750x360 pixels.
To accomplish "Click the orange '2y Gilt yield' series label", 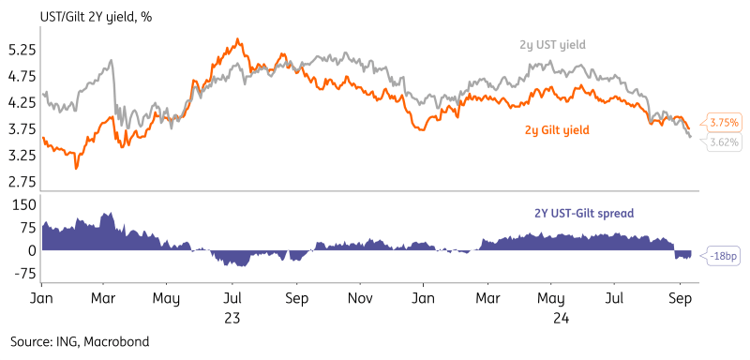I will coord(557,129).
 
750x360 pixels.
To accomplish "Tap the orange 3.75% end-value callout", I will coord(725,123).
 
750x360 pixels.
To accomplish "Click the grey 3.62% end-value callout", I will coord(725,142).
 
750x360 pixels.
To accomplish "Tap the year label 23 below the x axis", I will coord(232,317).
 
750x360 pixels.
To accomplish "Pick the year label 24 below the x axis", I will coord(556,317).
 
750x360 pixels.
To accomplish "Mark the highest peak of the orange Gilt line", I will coord(238,39).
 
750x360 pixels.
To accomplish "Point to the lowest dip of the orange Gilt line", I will coord(76,168).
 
